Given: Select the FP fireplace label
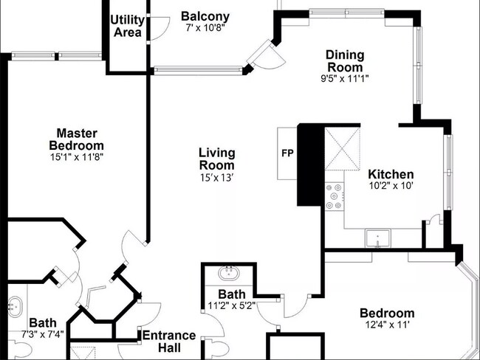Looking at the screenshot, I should [287, 156].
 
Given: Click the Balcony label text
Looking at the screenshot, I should [205, 16].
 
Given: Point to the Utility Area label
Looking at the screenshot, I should [127, 27].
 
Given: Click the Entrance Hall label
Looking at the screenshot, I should [169, 341].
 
